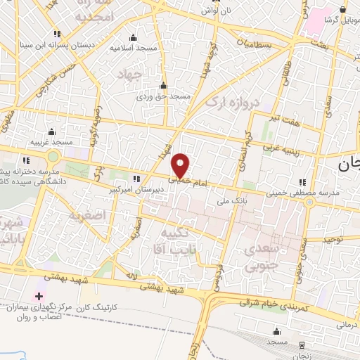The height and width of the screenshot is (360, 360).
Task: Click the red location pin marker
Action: click(181, 165)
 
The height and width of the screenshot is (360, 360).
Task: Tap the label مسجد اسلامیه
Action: click(132, 48)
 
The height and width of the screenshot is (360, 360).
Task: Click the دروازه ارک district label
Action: click(233, 103)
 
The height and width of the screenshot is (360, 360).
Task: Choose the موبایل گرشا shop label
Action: click(341, 19)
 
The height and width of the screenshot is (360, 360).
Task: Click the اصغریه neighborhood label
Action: click(86, 215)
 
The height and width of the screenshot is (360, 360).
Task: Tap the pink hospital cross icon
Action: click(38, 297)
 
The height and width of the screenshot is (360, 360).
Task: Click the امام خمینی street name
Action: click(181, 180)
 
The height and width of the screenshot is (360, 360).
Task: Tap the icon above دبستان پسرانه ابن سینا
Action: click(58, 33)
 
